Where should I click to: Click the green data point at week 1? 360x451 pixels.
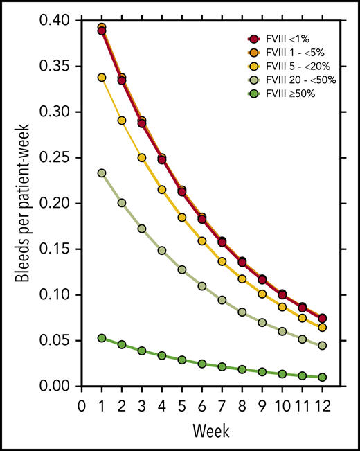pos(102,338)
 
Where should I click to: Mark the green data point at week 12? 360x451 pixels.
pos(322,378)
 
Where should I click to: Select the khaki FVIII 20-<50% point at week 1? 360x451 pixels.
pos(102,173)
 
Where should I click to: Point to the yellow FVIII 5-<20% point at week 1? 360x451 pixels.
pos(102,78)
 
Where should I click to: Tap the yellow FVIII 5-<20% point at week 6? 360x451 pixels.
pos(202,241)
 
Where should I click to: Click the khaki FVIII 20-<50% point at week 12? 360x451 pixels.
pos(322,346)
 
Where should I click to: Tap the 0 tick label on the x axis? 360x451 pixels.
pos(82,403)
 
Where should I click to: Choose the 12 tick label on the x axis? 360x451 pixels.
pos(322,403)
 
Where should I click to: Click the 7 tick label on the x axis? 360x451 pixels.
pos(222,403)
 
